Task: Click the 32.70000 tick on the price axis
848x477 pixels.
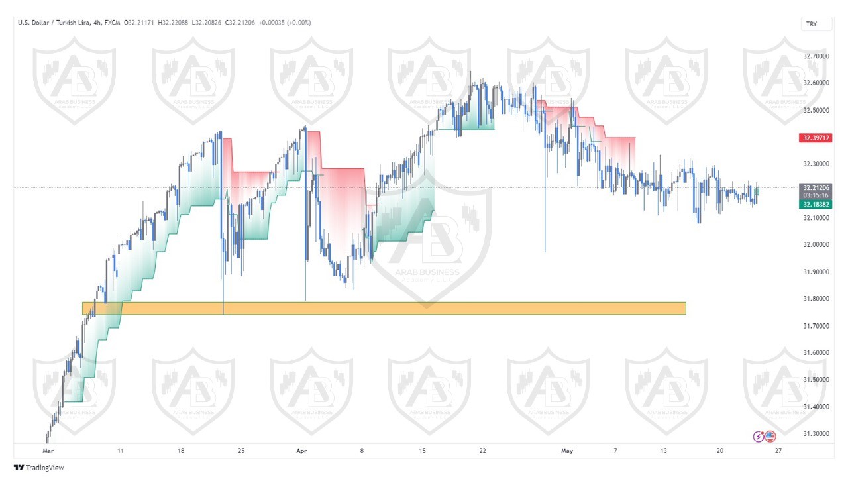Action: [x=816, y=56]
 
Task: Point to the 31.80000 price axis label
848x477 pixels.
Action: [x=816, y=299]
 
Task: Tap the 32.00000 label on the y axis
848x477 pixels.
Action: [x=816, y=244]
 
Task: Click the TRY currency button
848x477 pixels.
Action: [x=811, y=24]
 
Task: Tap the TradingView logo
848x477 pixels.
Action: [x=39, y=468]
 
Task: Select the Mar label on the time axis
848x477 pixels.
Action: [x=47, y=450]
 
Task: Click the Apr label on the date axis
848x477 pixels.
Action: [x=301, y=450]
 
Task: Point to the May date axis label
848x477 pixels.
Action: [x=566, y=450]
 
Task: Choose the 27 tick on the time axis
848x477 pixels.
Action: [x=778, y=450]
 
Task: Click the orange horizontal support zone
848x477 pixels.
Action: [x=384, y=308]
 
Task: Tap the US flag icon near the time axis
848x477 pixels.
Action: [x=770, y=436]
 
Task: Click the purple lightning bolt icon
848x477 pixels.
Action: [x=759, y=436]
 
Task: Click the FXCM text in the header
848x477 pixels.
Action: [x=112, y=23]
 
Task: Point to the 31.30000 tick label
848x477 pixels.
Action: [x=816, y=433]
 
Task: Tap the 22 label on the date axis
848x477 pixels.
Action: [x=482, y=450]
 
